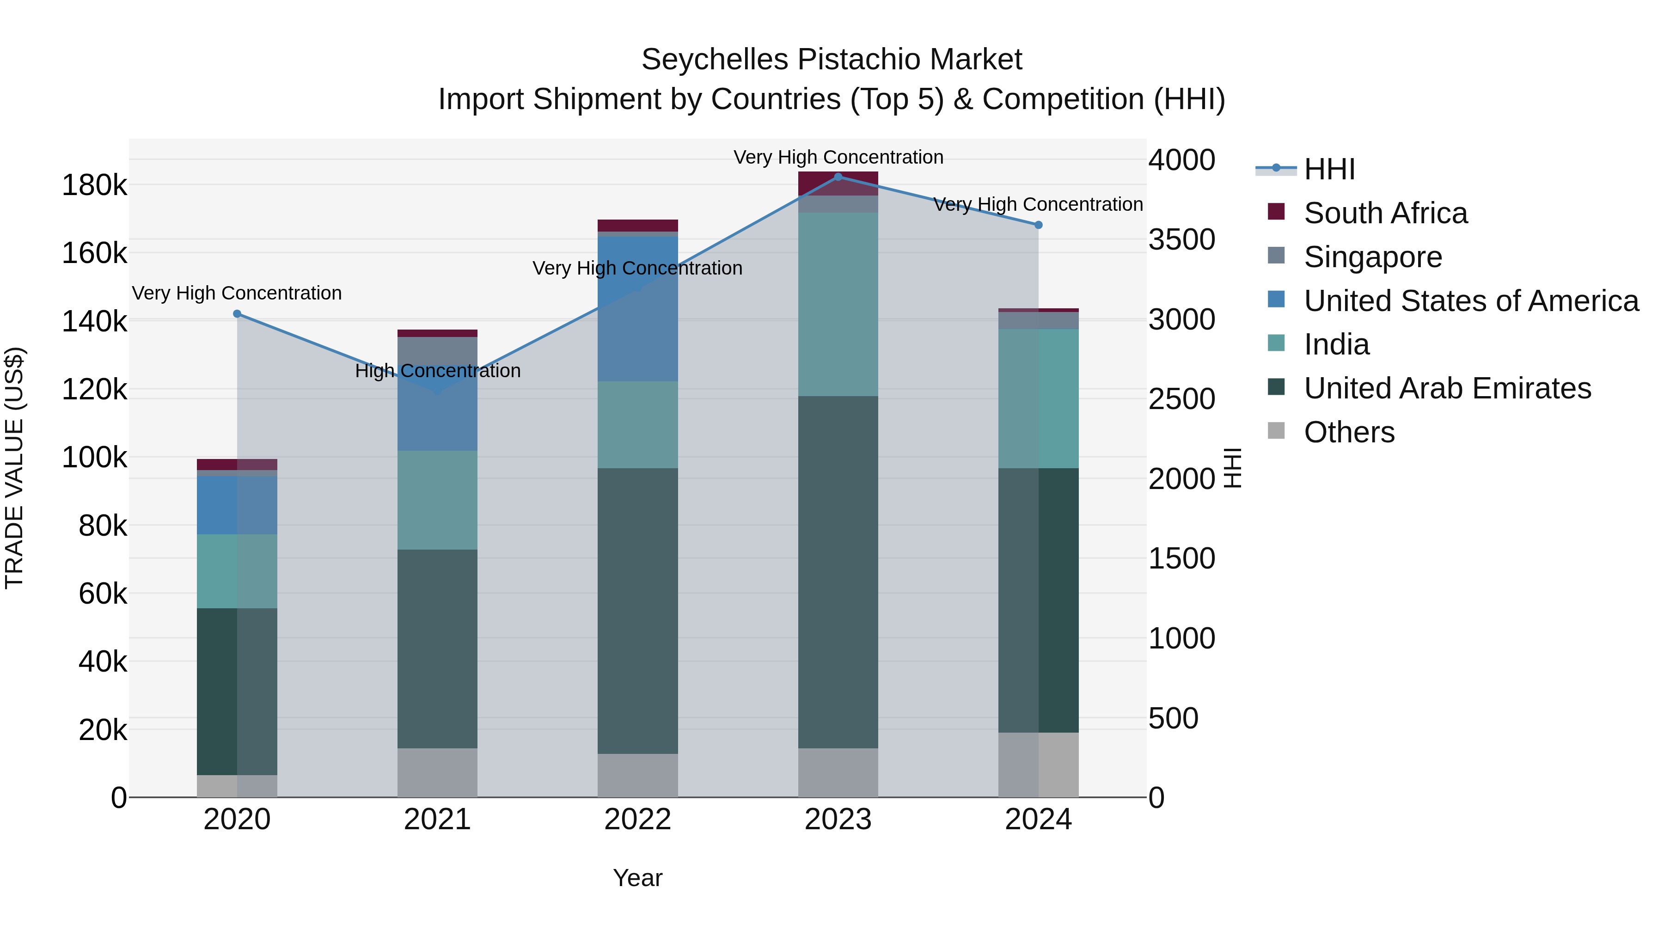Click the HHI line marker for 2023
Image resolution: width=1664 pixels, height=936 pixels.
coord(838,177)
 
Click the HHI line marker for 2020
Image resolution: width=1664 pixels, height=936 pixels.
coord(237,314)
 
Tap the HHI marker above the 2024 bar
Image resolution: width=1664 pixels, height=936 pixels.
coord(1038,225)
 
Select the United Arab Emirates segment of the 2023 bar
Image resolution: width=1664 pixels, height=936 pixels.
coord(838,572)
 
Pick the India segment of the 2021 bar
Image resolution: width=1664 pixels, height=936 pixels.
coord(437,500)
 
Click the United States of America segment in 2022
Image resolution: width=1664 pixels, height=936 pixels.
coord(637,309)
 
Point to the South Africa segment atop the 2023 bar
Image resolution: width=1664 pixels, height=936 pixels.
coord(838,183)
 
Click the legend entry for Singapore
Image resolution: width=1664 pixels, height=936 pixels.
coord(1373,257)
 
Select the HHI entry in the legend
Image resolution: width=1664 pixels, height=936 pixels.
coord(1329,169)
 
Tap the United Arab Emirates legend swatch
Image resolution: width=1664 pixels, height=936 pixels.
coord(1276,388)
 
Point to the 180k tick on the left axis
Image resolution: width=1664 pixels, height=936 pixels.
coord(94,186)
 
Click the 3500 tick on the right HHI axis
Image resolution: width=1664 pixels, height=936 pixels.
coord(1181,239)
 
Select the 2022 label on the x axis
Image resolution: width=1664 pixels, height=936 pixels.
coord(637,820)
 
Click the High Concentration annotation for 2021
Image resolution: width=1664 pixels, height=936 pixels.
coord(437,371)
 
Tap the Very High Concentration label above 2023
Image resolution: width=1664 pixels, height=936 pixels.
coord(838,157)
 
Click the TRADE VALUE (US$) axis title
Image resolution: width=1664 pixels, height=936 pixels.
coord(14,468)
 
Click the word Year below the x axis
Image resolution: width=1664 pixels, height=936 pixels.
coord(637,878)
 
